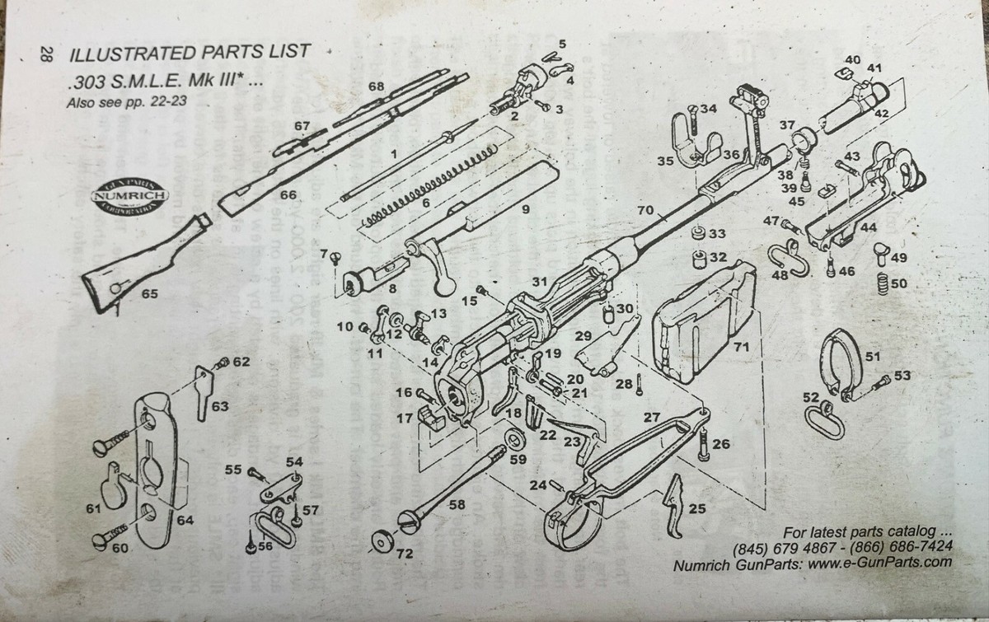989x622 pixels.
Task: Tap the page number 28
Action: (x=46, y=55)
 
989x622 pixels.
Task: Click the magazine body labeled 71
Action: (x=701, y=321)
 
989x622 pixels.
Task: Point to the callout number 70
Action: (x=644, y=211)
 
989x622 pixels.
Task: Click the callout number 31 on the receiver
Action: (x=539, y=282)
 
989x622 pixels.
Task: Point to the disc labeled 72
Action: (x=381, y=541)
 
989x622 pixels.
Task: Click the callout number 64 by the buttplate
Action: (x=185, y=521)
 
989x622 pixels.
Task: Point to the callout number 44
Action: (x=867, y=226)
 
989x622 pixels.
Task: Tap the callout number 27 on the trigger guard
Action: (x=652, y=417)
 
